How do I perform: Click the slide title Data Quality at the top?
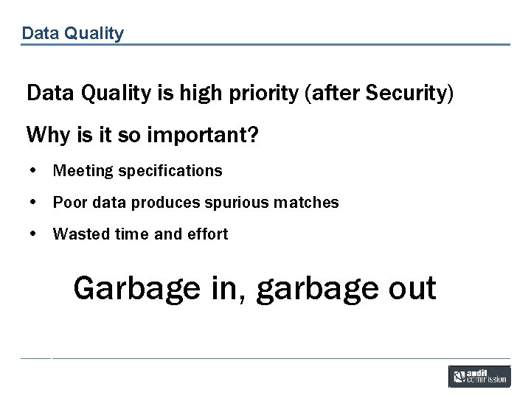[72, 33]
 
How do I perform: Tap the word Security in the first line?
[406, 93]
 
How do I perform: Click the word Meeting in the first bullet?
[83, 171]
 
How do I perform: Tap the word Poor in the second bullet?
[69, 203]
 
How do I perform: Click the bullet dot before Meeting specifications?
[33, 171]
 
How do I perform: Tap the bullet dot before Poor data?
[33, 203]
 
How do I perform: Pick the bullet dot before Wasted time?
[33, 234]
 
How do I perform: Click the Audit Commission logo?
[479, 376]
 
